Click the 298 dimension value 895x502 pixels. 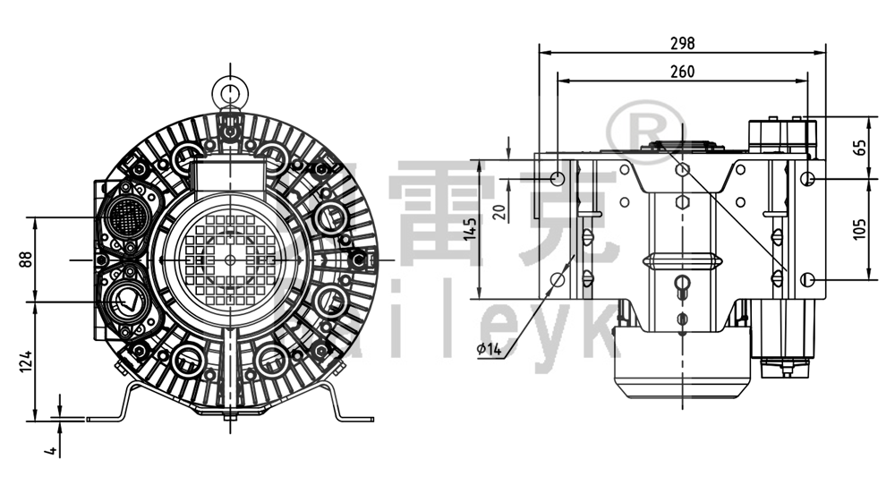click(682, 42)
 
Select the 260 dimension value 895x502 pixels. click(682, 71)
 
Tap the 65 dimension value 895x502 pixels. click(860, 148)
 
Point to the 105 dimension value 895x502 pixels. click(860, 230)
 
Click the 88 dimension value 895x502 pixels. click(24, 259)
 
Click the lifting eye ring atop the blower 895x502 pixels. click(230, 89)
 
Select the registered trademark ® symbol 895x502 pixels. click(645, 130)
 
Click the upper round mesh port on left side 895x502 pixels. click(124, 216)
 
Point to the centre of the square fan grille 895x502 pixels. click(230, 259)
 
